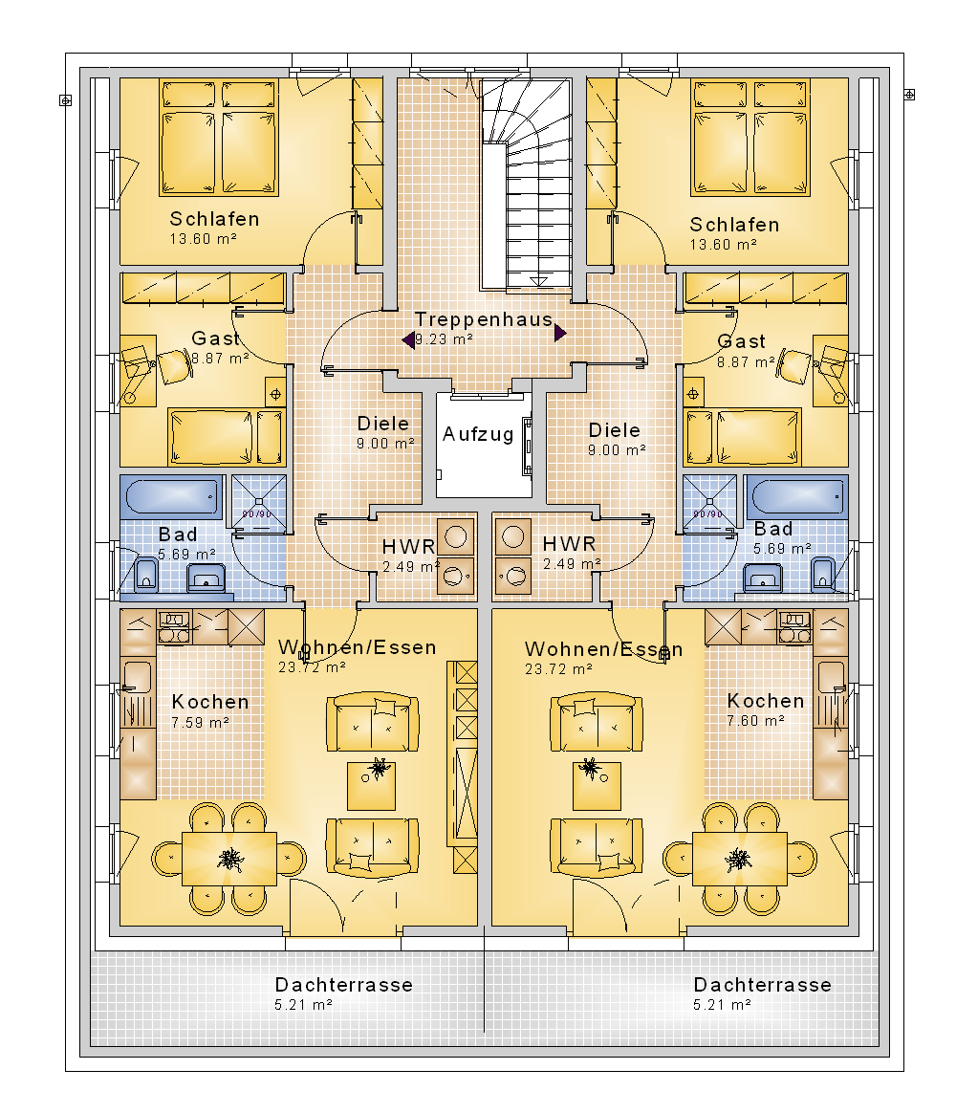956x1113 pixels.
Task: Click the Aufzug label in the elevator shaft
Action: click(x=478, y=434)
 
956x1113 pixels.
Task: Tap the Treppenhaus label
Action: click(x=484, y=319)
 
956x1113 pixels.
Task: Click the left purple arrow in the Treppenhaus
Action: click(x=408, y=340)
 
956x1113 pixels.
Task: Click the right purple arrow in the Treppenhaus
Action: click(x=560, y=332)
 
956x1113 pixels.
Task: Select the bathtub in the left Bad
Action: click(x=172, y=497)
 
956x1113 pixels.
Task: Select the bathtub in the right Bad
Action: click(x=796, y=497)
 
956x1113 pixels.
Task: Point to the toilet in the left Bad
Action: click(x=146, y=575)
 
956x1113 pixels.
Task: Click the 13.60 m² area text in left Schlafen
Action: click(x=203, y=239)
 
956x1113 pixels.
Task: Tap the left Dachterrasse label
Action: click(x=343, y=985)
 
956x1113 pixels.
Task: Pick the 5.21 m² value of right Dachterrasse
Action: click(x=722, y=1004)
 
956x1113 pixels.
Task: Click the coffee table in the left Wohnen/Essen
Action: click(x=371, y=786)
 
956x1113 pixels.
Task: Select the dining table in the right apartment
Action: click(x=740, y=859)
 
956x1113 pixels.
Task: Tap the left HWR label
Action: click(x=408, y=547)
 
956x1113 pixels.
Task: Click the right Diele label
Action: click(x=615, y=430)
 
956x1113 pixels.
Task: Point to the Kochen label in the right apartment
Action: click(x=766, y=701)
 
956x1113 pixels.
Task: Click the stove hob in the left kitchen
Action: click(x=174, y=627)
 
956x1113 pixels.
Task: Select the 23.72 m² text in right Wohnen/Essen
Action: click(x=558, y=668)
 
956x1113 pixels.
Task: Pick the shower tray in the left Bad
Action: click(x=259, y=501)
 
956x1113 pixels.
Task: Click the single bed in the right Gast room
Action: click(x=757, y=436)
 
